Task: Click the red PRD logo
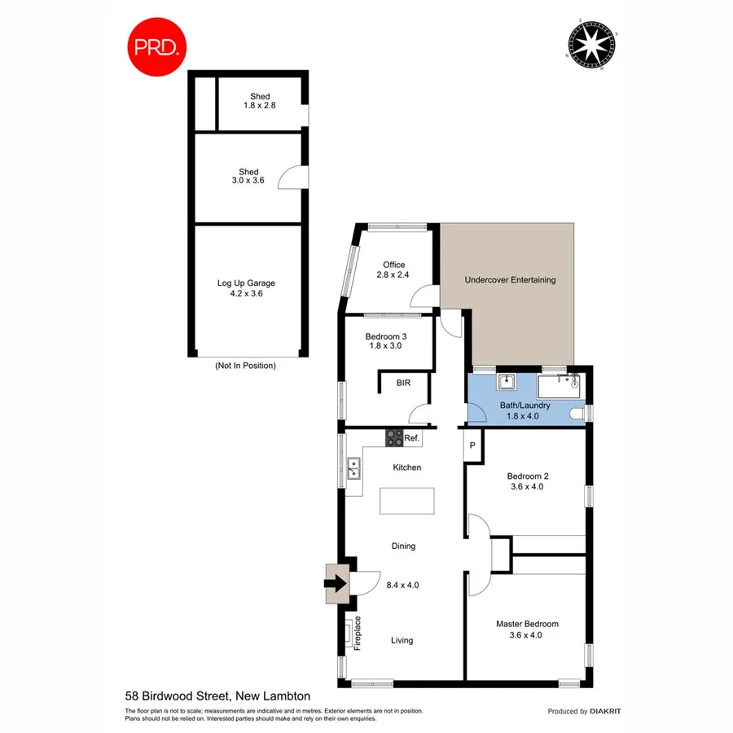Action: [x=157, y=47]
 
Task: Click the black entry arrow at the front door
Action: [x=335, y=583]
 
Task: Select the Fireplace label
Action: [x=358, y=634]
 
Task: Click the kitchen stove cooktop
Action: [x=394, y=437]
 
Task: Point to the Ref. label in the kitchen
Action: [x=412, y=438]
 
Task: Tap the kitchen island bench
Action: [x=407, y=500]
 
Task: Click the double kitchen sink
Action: [x=354, y=469]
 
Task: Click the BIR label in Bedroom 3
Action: [x=403, y=382]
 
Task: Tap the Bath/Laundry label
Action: [x=525, y=405]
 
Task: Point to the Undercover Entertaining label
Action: [x=510, y=279]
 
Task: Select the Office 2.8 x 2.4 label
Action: [x=393, y=270]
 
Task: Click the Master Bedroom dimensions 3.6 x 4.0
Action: [x=527, y=635]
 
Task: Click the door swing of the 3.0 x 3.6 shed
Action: [x=293, y=176]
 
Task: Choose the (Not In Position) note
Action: [x=245, y=366]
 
